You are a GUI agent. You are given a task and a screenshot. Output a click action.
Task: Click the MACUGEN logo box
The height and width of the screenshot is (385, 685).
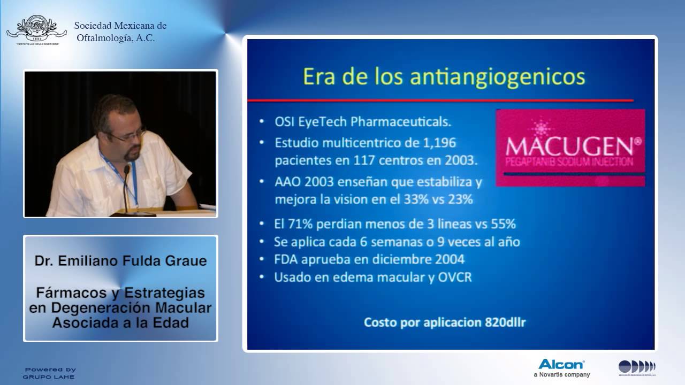coord(570,148)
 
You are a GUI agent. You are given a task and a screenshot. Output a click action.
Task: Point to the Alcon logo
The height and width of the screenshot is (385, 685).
coord(561,364)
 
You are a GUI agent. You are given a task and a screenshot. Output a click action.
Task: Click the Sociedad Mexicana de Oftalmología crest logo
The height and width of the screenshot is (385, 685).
coord(36,29)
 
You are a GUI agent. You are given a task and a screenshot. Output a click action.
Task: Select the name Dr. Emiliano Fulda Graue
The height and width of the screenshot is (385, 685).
coord(120,261)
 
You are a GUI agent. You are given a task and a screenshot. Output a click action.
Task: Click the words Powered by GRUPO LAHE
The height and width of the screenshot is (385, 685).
coord(49,373)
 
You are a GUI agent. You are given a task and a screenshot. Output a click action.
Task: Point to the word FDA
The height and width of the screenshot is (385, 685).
coord(286,259)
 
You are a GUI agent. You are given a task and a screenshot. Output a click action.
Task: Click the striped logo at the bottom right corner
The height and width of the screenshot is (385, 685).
coord(637,367)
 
